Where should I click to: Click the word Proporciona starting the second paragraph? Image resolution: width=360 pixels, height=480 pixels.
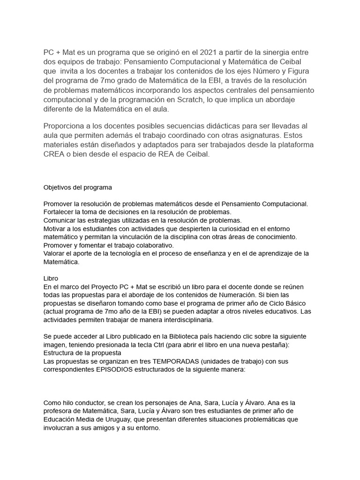66,126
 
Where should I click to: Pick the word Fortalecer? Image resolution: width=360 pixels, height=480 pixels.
60,212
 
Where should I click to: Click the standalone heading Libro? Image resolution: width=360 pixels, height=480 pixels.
51,278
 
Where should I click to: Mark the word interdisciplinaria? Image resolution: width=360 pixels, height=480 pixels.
185,320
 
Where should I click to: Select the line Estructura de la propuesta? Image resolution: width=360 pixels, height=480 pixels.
82,352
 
